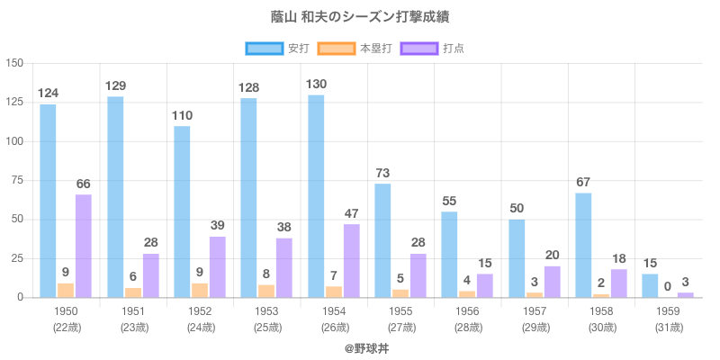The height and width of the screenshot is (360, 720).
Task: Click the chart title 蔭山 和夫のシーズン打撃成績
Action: (360, 17)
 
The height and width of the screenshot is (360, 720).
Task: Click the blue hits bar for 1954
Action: (316, 196)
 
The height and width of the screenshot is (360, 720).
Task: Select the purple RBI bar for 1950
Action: (84, 246)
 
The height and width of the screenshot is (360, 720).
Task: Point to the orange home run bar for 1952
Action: (199, 290)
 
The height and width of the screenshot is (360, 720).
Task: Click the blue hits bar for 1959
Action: (650, 285)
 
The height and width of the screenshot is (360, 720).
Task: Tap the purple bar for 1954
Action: (351, 260)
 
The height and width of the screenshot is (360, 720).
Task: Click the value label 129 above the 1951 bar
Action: (115, 85)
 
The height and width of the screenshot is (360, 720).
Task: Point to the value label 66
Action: (84, 184)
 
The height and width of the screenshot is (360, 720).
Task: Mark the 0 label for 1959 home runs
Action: (668, 287)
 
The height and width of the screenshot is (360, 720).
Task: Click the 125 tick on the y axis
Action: (15, 103)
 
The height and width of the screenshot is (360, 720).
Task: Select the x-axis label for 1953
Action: (266, 310)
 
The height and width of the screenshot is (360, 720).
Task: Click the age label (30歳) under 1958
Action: (601, 327)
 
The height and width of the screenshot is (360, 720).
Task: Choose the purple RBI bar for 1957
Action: (552, 282)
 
